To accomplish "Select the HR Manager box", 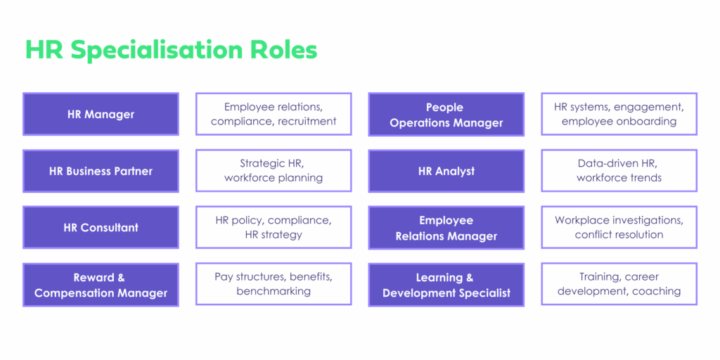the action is pos(101,115).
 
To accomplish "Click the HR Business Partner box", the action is pos(101,171).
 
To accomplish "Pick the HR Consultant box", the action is pos(101,228).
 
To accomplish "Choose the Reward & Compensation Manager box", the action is pos(101,285).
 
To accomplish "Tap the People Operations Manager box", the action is pos(446,115).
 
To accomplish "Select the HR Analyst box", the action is pos(446,171).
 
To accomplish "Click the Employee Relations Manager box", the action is pos(446,228).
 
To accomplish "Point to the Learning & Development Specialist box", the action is pos(446,285).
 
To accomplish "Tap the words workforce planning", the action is pos(274,178).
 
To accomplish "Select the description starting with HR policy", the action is pos(274,227).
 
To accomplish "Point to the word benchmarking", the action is pos(274,291).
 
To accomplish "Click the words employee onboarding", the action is pos(619,122).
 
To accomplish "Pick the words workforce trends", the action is pos(619,178).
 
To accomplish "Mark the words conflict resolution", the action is pos(619,235).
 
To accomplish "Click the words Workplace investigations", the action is pos(619,220).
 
